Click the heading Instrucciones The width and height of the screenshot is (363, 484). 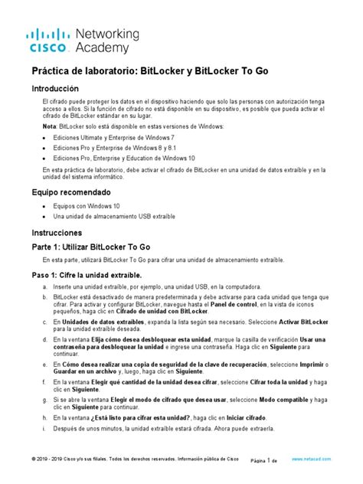point(57,231)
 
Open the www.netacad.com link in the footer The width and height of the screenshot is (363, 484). point(312,459)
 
